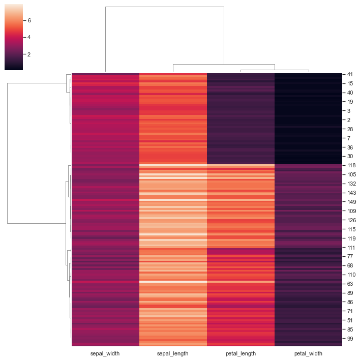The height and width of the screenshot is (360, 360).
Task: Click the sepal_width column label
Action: point(105,353)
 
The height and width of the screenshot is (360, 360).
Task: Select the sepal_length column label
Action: point(173,353)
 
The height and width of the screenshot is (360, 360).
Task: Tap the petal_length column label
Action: point(241,353)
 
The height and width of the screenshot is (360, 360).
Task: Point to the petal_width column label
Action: point(308,353)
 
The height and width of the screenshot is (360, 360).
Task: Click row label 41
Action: point(351,74)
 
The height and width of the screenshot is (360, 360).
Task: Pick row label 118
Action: point(352,166)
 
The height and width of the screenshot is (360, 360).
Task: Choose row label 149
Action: point(352,202)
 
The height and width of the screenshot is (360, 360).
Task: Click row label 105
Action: point(352,175)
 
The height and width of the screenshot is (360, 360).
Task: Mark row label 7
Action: point(349,138)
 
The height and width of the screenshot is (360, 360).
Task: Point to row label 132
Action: point(352,184)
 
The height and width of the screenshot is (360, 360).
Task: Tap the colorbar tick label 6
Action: point(29,21)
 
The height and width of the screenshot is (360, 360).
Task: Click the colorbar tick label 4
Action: point(29,38)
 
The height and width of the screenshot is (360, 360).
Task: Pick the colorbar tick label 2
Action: point(29,54)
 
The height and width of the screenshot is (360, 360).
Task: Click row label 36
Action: point(351,147)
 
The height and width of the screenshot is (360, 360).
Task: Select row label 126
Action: point(352,221)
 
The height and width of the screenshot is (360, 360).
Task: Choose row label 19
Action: point(351,102)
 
